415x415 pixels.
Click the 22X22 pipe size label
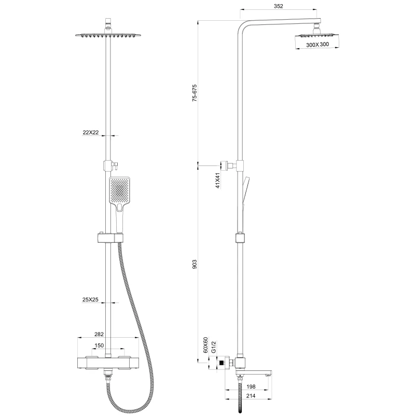[91, 132]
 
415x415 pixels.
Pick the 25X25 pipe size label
[91, 300]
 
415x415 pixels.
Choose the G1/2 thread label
[213, 346]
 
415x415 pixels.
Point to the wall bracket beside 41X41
[230, 165]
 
